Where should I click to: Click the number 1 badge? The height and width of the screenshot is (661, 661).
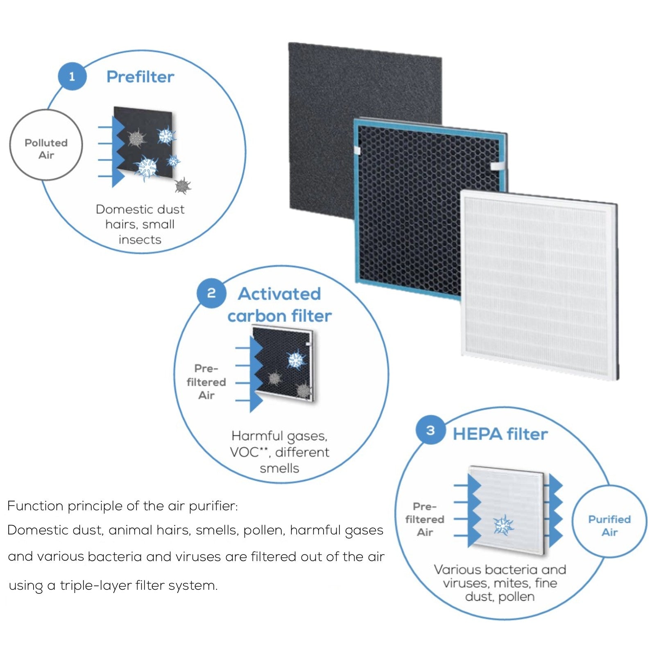(x=72, y=77)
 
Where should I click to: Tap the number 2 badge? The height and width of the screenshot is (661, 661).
(x=211, y=293)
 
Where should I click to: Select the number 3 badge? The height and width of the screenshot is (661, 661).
(x=430, y=430)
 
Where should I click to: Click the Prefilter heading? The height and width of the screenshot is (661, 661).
(x=140, y=77)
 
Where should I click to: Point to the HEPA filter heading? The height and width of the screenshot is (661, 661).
(x=500, y=434)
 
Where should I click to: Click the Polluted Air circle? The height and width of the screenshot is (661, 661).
(x=46, y=149)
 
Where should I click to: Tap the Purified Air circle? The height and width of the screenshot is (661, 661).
(x=609, y=525)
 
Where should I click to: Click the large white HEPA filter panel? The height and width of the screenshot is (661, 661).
(x=536, y=287)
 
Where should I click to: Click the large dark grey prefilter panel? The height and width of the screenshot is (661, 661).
(x=324, y=123)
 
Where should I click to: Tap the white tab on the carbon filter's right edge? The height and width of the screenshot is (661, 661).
(x=498, y=166)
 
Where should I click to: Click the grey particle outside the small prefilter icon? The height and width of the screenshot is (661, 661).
(x=183, y=186)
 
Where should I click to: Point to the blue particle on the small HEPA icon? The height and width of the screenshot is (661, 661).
(x=503, y=525)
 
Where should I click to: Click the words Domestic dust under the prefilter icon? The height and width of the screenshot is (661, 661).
(x=140, y=209)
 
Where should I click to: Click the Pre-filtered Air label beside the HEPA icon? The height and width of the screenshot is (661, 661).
(x=425, y=519)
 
